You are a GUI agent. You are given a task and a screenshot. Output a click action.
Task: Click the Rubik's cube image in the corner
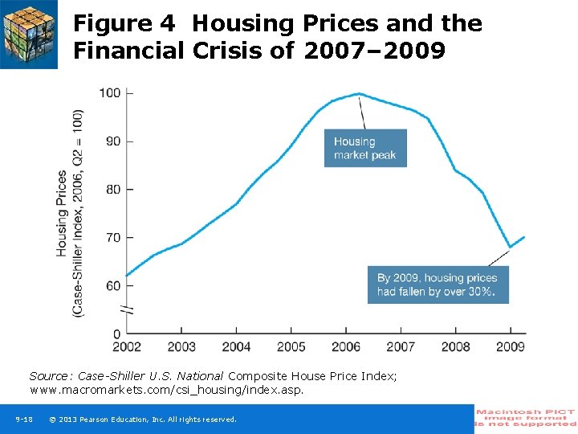(x=29, y=34)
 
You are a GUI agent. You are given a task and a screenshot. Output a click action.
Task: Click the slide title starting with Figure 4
(x=278, y=37)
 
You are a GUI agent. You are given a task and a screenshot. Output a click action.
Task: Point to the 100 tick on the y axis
(x=110, y=93)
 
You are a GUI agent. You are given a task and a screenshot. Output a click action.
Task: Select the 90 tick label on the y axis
(x=112, y=141)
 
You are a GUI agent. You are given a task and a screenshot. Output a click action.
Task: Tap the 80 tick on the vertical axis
(x=112, y=190)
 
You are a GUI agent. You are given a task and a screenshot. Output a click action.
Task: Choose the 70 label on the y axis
(x=112, y=238)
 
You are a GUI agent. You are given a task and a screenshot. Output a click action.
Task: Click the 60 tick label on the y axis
(x=112, y=286)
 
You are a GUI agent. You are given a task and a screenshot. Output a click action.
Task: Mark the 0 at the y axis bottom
(x=116, y=334)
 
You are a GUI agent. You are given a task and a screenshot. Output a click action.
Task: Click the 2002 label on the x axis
(x=127, y=347)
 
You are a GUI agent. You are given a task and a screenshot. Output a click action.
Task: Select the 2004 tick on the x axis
(x=236, y=347)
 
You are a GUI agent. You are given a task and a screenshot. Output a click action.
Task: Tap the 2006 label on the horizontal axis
(x=346, y=347)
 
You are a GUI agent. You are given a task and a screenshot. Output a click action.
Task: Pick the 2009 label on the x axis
(x=511, y=347)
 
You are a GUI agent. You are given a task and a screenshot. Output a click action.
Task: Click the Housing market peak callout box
(x=365, y=148)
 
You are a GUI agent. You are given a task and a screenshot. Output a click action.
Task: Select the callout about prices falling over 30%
(x=438, y=285)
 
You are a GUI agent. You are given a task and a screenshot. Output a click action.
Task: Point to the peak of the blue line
(x=359, y=94)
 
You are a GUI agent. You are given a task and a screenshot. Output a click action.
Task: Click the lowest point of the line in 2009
(x=510, y=247)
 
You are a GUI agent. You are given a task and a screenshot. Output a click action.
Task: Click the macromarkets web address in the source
(x=166, y=390)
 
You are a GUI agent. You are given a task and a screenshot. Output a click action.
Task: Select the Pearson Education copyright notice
(x=142, y=420)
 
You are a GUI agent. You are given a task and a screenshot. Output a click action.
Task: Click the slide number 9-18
(x=23, y=420)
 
